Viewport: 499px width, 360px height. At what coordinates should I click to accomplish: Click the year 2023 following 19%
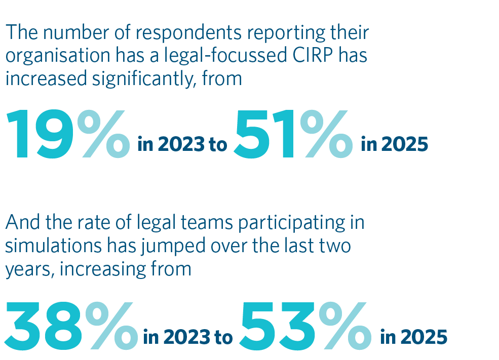(x=180, y=145)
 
